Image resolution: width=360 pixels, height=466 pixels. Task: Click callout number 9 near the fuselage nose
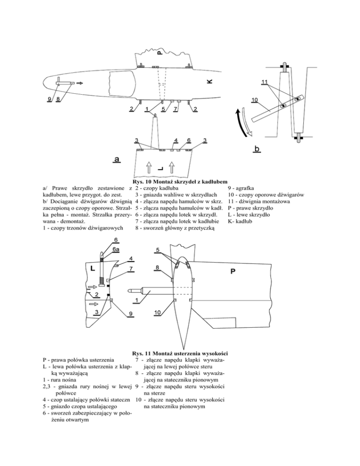click(49, 99)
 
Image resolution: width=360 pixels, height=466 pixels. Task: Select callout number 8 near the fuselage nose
click(58, 99)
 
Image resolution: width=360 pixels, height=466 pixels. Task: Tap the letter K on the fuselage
click(210, 81)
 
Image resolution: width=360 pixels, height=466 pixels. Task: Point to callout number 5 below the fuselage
click(163, 109)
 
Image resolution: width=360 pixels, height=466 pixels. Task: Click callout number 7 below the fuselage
click(175, 109)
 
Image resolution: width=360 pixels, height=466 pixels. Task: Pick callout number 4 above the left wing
click(176, 140)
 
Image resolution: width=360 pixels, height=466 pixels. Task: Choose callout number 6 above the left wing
click(189, 140)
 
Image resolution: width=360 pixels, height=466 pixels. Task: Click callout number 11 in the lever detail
click(265, 82)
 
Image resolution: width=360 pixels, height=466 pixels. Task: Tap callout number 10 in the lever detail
click(255, 100)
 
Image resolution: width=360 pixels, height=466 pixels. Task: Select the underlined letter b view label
click(257, 149)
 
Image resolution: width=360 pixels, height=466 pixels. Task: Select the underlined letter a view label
click(117, 159)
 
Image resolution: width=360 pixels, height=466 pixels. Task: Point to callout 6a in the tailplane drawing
click(116, 249)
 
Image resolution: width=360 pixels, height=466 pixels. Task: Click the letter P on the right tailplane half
click(233, 271)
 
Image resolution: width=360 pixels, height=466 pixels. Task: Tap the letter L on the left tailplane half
click(92, 268)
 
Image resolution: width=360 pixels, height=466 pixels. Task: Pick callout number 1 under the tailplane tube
click(136, 301)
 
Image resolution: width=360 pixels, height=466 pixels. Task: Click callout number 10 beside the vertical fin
click(157, 312)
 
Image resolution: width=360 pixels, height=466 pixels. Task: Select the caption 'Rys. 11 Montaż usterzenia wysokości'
click(180, 353)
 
